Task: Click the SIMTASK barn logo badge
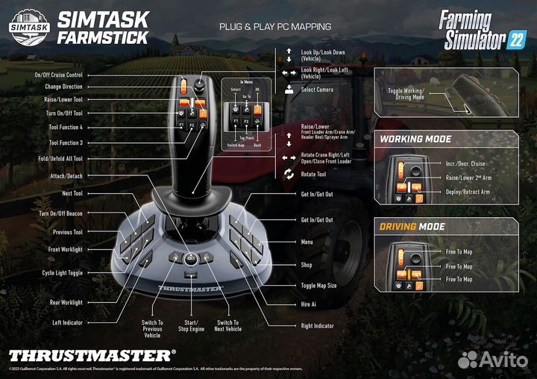tap(29, 24)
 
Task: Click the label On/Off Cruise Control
tap(58, 75)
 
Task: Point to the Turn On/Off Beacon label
tap(60, 213)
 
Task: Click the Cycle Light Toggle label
tap(62, 273)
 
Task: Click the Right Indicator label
tap(317, 326)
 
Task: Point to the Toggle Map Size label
tap(318, 286)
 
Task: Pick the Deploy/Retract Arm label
tap(468, 192)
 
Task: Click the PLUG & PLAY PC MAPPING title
tap(275, 26)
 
